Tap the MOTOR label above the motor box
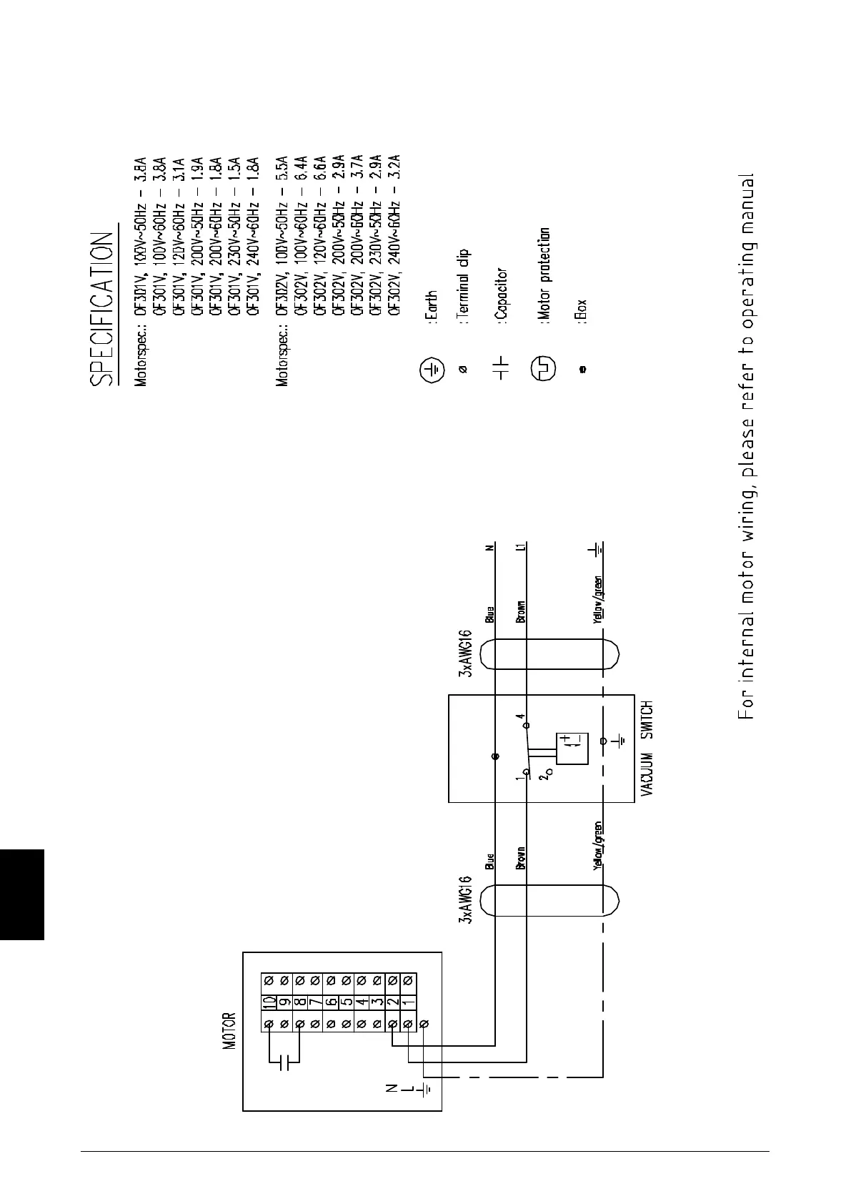click(x=229, y=1031)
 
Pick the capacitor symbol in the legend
click(x=501, y=369)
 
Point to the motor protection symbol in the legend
click(x=543, y=369)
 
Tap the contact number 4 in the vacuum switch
click(x=521, y=716)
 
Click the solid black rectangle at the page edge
click(x=22, y=894)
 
